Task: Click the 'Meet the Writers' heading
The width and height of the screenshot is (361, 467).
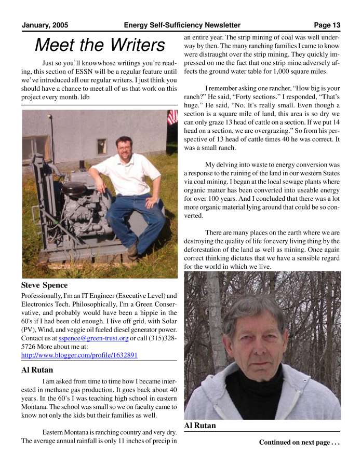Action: click(99, 45)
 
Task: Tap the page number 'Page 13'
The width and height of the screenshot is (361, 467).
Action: click(327, 25)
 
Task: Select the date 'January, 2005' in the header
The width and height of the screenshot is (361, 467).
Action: click(45, 25)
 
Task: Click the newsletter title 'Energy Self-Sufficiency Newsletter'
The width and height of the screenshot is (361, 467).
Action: click(182, 25)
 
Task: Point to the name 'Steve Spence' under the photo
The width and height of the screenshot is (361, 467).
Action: click(44, 285)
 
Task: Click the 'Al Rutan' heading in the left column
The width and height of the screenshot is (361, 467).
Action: click(37, 370)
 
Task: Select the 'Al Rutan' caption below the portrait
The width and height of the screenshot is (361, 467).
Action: click(200, 425)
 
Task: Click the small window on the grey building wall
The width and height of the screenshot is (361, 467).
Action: click(101, 144)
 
